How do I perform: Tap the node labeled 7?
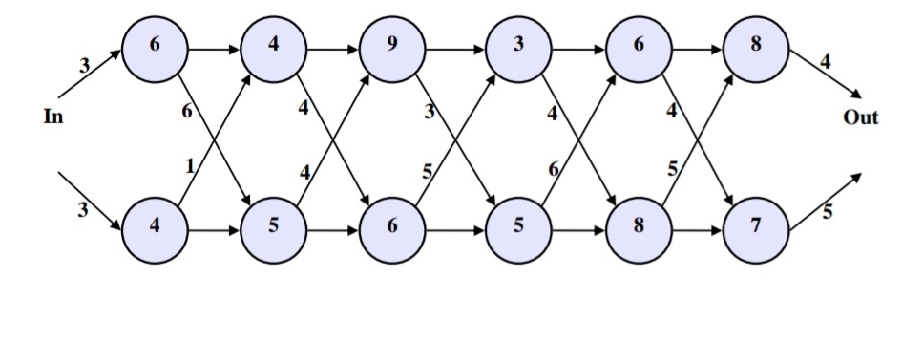(x=756, y=231)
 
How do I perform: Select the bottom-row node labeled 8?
(x=638, y=231)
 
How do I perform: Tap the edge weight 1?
(x=190, y=166)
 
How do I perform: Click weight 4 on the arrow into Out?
(x=825, y=62)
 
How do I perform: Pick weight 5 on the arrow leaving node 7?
(x=827, y=213)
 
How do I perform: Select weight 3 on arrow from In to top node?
(x=84, y=65)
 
